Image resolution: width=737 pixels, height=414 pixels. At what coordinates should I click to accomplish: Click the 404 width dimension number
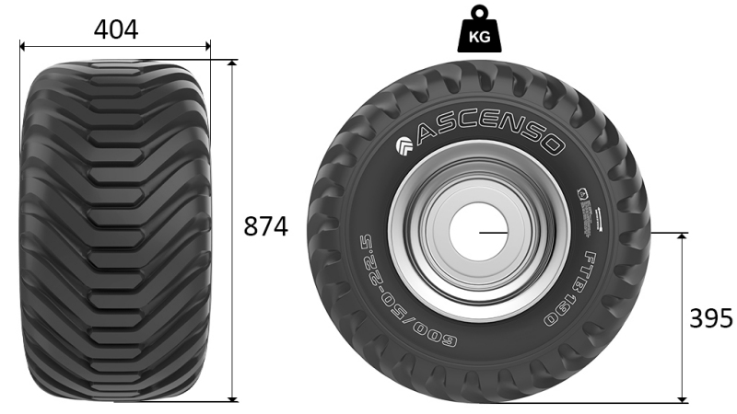(x=116, y=29)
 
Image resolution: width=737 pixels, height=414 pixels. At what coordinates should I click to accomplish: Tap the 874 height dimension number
(x=265, y=226)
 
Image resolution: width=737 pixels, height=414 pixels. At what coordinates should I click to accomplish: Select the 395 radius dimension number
(x=711, y=318)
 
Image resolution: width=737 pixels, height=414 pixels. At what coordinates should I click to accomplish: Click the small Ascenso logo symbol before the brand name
(x=404, y=146)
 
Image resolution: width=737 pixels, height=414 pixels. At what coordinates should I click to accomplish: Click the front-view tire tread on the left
(x=116, y=230)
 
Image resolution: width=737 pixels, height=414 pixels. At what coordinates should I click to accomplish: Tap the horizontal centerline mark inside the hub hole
(x=494, y=233)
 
